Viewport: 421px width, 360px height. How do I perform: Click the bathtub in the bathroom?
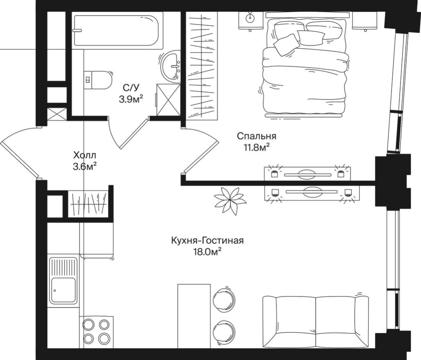(x=117, y=30)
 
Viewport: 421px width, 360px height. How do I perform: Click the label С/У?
(x=131, y=88)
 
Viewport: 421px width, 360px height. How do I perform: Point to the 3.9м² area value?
(x=131, y=99)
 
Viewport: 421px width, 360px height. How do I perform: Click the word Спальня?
(x=257, y=136)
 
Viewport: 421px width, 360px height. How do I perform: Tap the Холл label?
(x=85, y=155)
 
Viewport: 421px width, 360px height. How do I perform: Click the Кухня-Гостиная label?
(x=207, y=241)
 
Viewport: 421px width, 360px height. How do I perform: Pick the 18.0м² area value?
(x=207, y=252)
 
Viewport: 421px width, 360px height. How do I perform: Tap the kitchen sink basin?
(x=63, y=290)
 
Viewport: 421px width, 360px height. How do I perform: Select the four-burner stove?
(x=96, y=331)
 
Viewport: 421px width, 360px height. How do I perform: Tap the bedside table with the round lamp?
(x=250, y=20)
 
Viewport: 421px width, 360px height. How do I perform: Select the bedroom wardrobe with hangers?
(x=201, y=65)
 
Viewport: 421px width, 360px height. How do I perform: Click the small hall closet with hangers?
(x=88, y=203)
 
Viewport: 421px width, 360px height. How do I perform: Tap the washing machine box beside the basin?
(x=169, y=99)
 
